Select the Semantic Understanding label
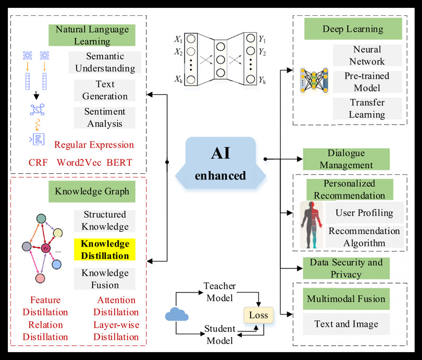point(105,62)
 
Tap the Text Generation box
point(105,91)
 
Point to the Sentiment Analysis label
point(105,118)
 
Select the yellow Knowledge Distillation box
point(105,249)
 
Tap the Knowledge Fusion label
point(105,278)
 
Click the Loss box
point(259,315)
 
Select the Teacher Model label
point(219,292)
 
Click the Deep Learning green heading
point(345,29)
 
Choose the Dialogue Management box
point(346,159)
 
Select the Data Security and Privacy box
point(346,268)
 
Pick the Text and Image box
point(346,324)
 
